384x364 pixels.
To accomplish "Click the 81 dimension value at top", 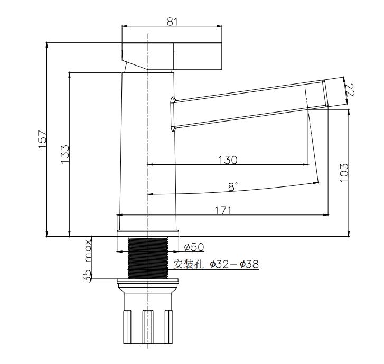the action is (x=172, y=22).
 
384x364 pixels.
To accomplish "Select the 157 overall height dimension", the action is (x=42, y=139).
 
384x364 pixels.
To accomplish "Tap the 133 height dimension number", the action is (x=65, y=154).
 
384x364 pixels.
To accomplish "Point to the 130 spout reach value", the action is (x=228, y=160).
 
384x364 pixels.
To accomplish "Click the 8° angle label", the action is (x=233, y=187).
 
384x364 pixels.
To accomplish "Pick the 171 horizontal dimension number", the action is (x=223, y=210).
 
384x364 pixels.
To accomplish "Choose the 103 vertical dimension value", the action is (x=344, y=172).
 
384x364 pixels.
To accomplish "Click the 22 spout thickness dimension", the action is (x=350, y=90).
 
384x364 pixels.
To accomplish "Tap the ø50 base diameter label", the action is (x=194, y=247).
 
